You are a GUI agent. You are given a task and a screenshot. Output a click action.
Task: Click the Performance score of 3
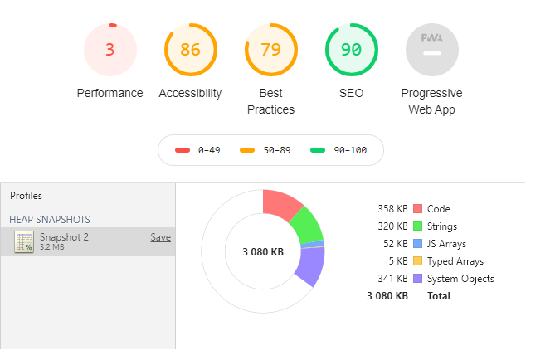coord(110,50)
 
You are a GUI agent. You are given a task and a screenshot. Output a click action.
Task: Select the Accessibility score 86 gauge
coord(191,50)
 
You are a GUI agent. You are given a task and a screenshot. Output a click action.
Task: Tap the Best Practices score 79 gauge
coord(270,50)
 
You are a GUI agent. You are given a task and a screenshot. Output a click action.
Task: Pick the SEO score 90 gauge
coord(352,50)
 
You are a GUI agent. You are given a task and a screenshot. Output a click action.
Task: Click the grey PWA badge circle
coord(432,50)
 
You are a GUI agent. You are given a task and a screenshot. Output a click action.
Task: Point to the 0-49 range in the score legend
coord(209,150)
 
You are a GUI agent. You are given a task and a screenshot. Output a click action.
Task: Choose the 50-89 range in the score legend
coord(277,150)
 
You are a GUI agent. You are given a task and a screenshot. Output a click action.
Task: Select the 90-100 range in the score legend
coord(350,150)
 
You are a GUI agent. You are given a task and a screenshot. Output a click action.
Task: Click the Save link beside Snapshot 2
coord(160,237)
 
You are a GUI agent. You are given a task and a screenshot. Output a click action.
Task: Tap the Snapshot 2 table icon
coord(24,241)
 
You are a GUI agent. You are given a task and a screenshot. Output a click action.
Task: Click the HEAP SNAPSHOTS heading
coord(50,220)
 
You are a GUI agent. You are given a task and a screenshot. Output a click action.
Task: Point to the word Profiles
coord(26,196)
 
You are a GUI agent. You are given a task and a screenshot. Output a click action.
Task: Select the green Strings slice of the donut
coord(307,225)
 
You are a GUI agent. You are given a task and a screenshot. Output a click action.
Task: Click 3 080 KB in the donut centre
coord(263,252)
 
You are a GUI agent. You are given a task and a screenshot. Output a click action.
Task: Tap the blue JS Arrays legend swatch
coord(417,244)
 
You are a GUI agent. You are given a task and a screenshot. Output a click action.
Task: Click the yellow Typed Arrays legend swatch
coord(417,261)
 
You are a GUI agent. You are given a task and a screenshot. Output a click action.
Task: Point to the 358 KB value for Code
coord(392,209)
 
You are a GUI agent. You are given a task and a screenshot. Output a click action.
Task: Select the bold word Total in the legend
coord(439,296)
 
